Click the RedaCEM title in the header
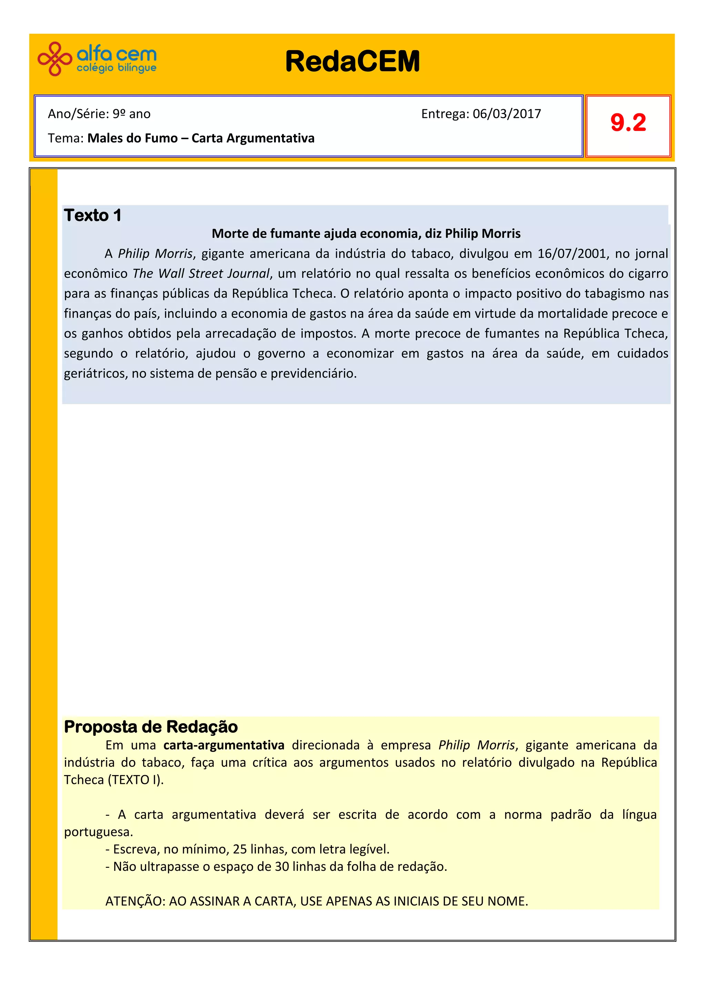click(x=352, y=61)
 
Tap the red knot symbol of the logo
click(x=55, y=59)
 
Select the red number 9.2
click(x=628, y=123)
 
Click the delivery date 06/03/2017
click(x=507, y=114)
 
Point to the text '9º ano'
click(x=131, y=114)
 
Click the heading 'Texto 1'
click(x=93, y=216)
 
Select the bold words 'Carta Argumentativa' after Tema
click(x=253, y=138)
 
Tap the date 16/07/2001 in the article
click(x=572, y=254)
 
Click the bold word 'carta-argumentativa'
click(x=224, y=745)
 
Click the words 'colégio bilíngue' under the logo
click(x=116, y=68)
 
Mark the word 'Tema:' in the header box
click(x=66, y=138)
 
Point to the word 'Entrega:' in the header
click(x=445, y=114)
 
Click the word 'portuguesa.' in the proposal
click(x=98, y=832)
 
